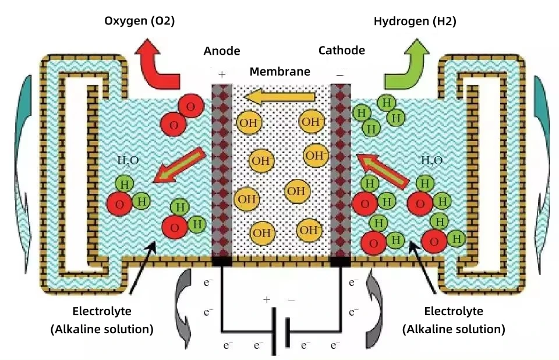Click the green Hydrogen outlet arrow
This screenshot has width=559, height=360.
(405, 63)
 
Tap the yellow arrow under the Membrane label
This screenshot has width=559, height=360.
(280, 97)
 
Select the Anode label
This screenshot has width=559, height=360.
(222, 51)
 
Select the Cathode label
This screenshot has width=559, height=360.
(342, 50)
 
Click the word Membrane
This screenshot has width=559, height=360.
(280, 72)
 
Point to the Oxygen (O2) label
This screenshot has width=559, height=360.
(140, 21)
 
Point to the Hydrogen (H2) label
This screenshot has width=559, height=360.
(415, 21)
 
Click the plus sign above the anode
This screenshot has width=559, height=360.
(221, 75)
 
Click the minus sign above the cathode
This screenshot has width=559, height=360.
(340, 75)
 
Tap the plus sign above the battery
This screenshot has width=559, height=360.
(267, 300)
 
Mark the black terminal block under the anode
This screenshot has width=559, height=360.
(222, 262)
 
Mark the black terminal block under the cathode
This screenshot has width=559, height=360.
(340, 262)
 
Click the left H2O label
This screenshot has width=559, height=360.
(129, 161)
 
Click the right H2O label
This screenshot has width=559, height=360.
(431, 161)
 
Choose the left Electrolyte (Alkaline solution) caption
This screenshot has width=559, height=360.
(102, 320)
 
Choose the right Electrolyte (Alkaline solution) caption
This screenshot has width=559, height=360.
(454, 320)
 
